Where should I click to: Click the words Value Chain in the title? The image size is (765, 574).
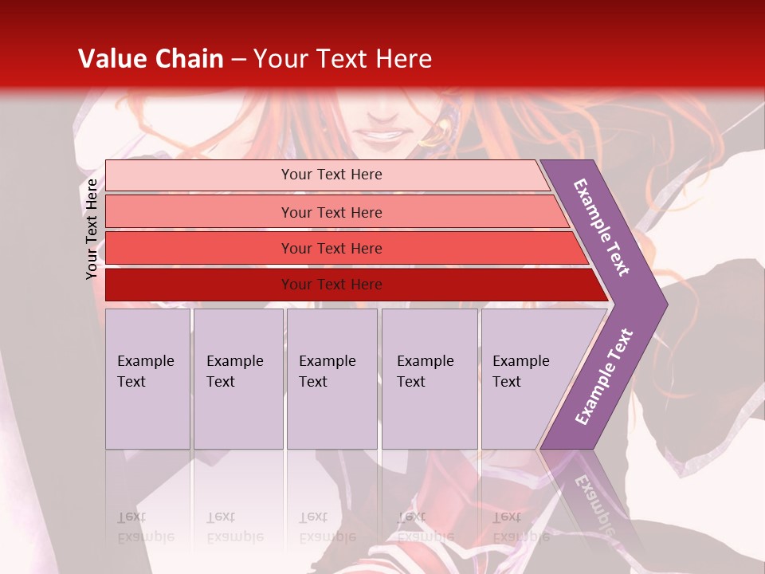[x=151, y=59]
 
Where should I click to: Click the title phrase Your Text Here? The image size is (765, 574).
[x=343, y=59]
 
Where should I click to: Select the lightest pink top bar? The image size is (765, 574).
[x=199, y=175]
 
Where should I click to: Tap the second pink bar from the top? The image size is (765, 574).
[x=199, y=212]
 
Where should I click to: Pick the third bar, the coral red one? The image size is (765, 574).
[x=199, y=248]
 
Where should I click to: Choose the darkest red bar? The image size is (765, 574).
[x=199, y=285]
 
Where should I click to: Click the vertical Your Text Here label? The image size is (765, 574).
[x=92, y=229]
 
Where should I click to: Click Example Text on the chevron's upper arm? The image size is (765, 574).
[x=602, y=227]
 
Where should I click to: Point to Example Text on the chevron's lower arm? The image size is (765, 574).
[x=604, y=377]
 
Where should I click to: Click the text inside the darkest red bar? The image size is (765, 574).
[x=331, y=285]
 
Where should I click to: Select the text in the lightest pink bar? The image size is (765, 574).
[x=331, y=175]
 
